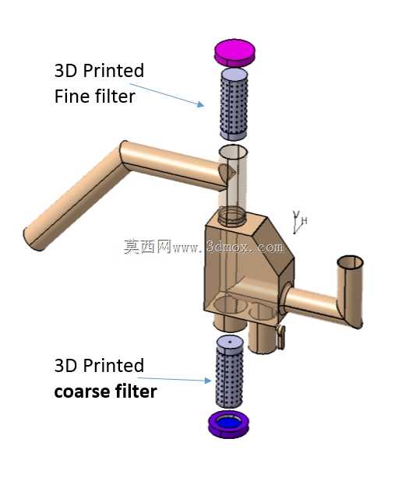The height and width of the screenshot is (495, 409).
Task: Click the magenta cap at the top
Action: click(234, 53)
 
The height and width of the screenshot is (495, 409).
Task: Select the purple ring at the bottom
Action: click(229, 425)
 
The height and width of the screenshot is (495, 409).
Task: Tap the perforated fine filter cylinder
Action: click(233, 104)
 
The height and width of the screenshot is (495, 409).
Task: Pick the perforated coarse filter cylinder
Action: click(230, 373)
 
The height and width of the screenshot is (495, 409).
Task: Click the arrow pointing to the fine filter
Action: click(167, 95)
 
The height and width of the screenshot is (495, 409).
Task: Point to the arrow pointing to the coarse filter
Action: click(175, 379)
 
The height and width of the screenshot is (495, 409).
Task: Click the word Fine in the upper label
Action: click(71, 97)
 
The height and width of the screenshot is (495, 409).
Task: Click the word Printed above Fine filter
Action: click(114, 70)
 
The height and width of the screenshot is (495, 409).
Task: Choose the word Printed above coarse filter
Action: click(114, 366)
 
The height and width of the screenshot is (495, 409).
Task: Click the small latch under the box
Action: click(280, 337)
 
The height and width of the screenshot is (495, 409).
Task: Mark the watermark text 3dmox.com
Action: click(245, 247)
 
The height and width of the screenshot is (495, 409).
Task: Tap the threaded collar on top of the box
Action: click(231, 217)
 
